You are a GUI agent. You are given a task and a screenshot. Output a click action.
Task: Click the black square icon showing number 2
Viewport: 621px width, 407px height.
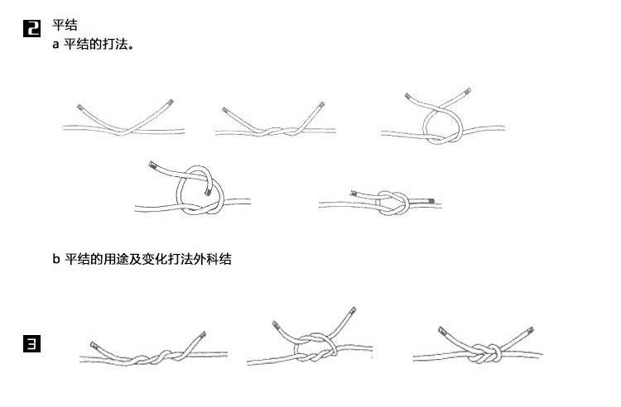tap(31, 30)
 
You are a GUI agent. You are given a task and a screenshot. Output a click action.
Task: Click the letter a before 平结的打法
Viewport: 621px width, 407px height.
tap(55, 45)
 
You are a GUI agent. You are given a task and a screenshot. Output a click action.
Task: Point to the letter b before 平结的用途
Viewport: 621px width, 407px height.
tap(56, 259)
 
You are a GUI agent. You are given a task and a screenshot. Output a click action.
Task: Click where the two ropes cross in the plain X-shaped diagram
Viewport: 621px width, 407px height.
tap(124, 131)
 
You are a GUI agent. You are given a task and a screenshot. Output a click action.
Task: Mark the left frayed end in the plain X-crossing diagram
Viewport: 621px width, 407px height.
tap(79, 108)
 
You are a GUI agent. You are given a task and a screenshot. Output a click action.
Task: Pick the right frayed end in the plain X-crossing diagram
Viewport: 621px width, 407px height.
tap(170, 103)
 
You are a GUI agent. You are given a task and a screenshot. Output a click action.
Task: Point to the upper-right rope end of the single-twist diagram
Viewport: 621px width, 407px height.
tap(320, 105)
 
